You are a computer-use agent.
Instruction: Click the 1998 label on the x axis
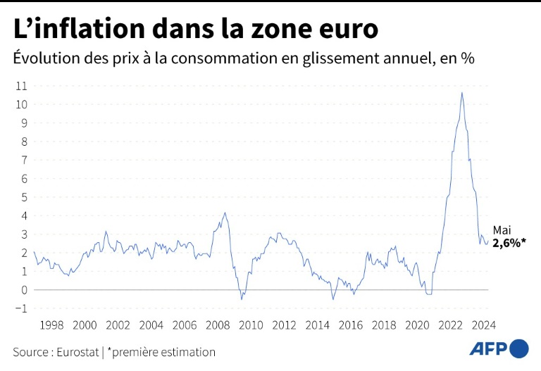[51, 325]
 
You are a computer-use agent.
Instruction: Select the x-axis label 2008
[218, 325]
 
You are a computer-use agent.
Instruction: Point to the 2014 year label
[317, 325]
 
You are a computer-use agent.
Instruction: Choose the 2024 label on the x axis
[483, 325]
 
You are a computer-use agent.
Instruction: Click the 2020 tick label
[417, 325]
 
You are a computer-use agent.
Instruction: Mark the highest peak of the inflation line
[462, 92]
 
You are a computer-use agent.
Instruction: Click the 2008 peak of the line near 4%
[225, 213]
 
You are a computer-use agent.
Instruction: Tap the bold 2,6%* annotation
[509, 243]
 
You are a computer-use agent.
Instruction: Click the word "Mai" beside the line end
[502, 230]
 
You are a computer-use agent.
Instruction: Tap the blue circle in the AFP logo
[519, 348]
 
